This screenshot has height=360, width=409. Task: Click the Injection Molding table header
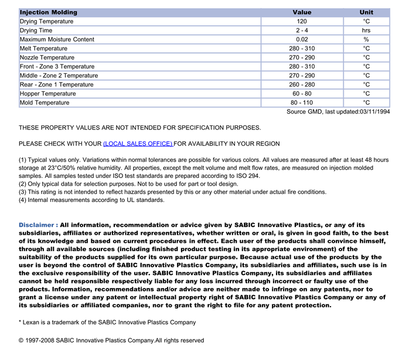[49, 12]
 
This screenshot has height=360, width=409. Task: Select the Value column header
[302, 12]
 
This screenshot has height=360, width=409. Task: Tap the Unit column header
[366, 12]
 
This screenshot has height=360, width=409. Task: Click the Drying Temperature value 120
[302, 22]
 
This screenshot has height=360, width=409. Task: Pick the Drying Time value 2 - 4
[302, 30]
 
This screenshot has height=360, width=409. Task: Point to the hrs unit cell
[366, 30]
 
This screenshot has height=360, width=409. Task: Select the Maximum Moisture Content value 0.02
[302, 40]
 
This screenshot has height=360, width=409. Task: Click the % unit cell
[366, 40]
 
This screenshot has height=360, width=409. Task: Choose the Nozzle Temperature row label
[47, 58]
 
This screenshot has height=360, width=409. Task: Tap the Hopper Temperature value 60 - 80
[302, 94]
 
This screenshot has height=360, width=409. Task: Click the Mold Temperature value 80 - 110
[302, 103]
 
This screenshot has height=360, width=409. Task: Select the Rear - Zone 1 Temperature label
[56, 85]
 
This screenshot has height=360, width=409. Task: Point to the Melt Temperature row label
[44, 49]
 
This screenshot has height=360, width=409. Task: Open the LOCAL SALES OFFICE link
[138, 144]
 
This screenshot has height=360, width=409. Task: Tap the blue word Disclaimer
[38, 225]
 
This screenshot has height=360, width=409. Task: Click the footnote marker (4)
[23, 200]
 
